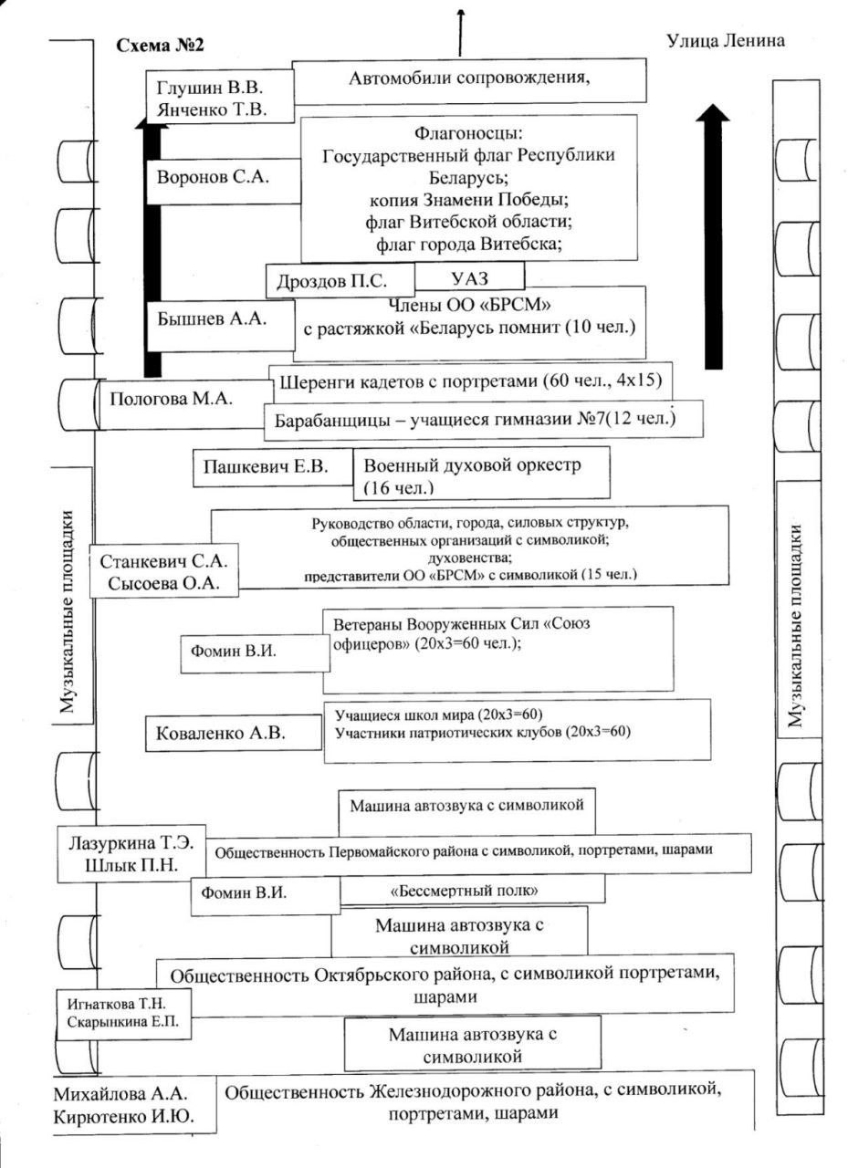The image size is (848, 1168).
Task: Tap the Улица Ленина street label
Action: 727,41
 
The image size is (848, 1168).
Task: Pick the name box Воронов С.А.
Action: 213,177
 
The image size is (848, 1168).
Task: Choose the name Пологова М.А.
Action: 171,399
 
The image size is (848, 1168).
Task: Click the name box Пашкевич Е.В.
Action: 273,469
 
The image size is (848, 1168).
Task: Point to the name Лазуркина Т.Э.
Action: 131,843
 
